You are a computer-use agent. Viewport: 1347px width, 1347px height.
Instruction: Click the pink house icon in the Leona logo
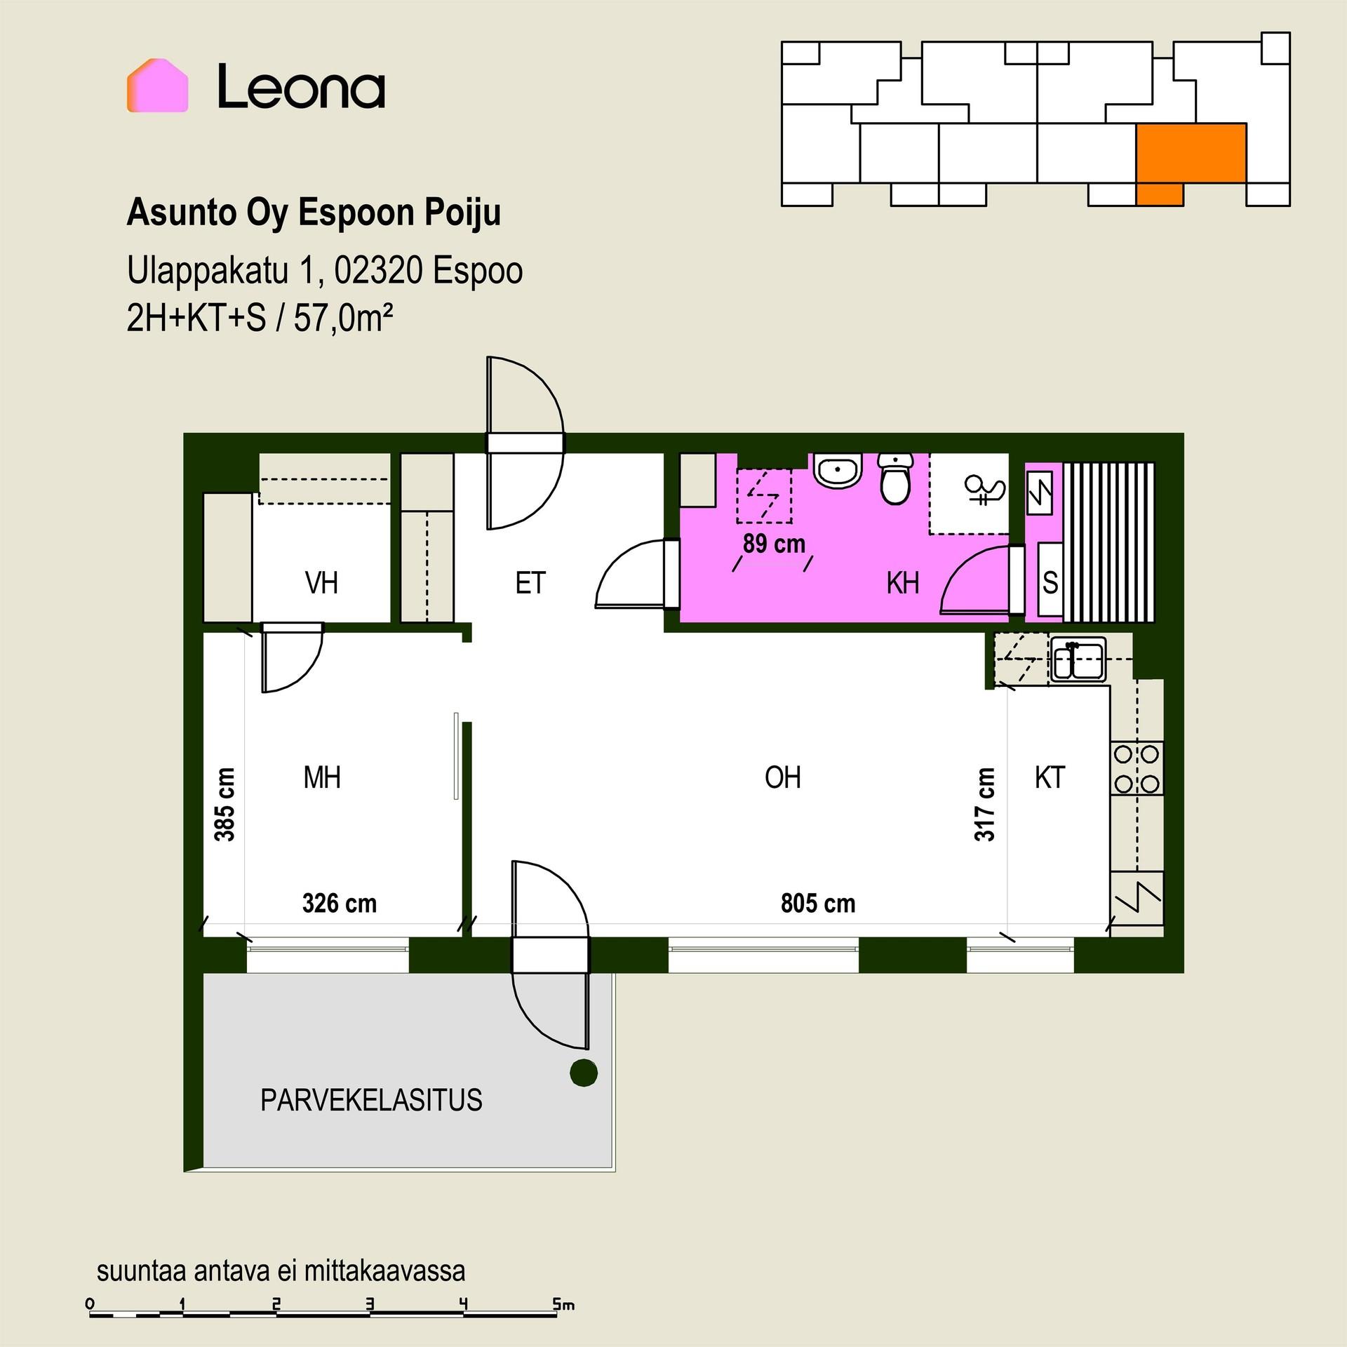click(157, 86)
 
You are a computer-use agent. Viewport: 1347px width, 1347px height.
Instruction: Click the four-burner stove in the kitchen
click(1137, 768)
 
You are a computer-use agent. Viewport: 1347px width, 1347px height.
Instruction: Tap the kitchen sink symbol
click(1078, 659)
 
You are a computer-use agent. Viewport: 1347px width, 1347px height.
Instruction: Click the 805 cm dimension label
click(818, 904)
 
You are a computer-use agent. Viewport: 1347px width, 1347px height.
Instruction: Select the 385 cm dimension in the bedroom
click(224, 804)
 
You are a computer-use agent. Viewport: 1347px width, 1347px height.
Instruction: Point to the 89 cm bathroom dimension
click(774, 544)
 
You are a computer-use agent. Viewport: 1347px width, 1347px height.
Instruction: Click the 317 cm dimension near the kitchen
click(984, 804)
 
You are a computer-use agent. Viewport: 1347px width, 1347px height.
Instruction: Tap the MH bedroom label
click(322, 777)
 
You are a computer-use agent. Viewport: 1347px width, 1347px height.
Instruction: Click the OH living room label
click(783, 777)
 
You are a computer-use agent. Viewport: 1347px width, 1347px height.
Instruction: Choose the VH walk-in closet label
click(321, 583)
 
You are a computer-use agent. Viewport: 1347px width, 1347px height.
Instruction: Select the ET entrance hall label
click(530, 583)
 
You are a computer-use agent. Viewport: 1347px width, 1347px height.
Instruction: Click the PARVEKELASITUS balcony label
click(371, 1100)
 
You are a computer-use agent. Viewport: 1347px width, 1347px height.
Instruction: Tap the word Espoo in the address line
click(477, 271)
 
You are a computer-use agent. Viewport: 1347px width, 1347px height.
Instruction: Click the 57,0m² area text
click(343, 319)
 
